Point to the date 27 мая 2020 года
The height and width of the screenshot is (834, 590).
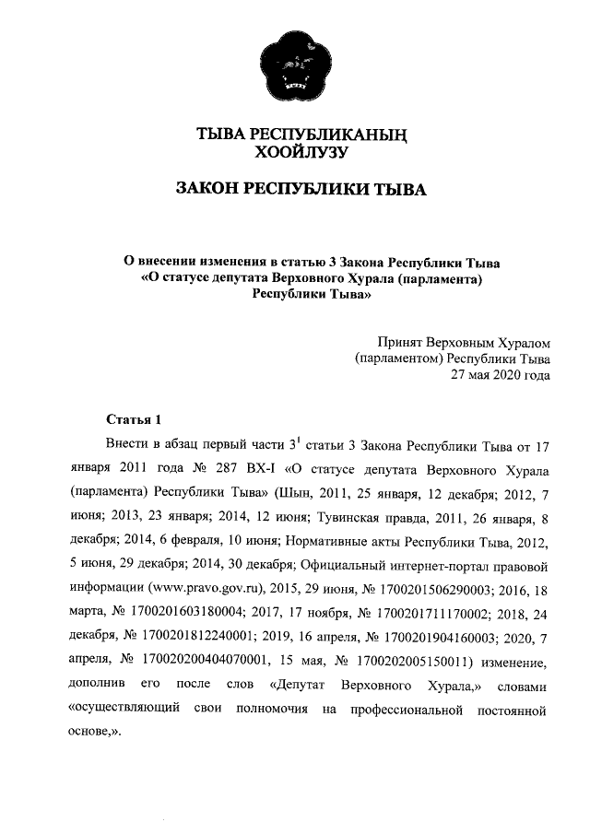click(x=500, y=374)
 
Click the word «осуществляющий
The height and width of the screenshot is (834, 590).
click(x=124, y=711)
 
